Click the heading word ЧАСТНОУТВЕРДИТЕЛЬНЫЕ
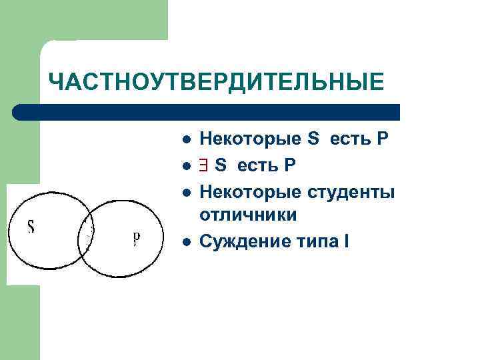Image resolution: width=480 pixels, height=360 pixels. coord(217,82)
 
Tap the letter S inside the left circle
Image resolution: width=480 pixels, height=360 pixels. coord(31,227)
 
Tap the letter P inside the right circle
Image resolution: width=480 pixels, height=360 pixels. coord(136,237)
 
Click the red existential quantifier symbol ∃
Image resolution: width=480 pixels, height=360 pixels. coord(205,165)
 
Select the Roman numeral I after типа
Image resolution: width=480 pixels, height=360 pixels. coord(345,241)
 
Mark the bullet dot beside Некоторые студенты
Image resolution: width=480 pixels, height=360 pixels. coord(188,193)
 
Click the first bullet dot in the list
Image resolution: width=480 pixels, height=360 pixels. coord(188,140)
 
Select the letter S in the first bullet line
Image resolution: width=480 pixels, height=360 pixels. coord(314,139)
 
